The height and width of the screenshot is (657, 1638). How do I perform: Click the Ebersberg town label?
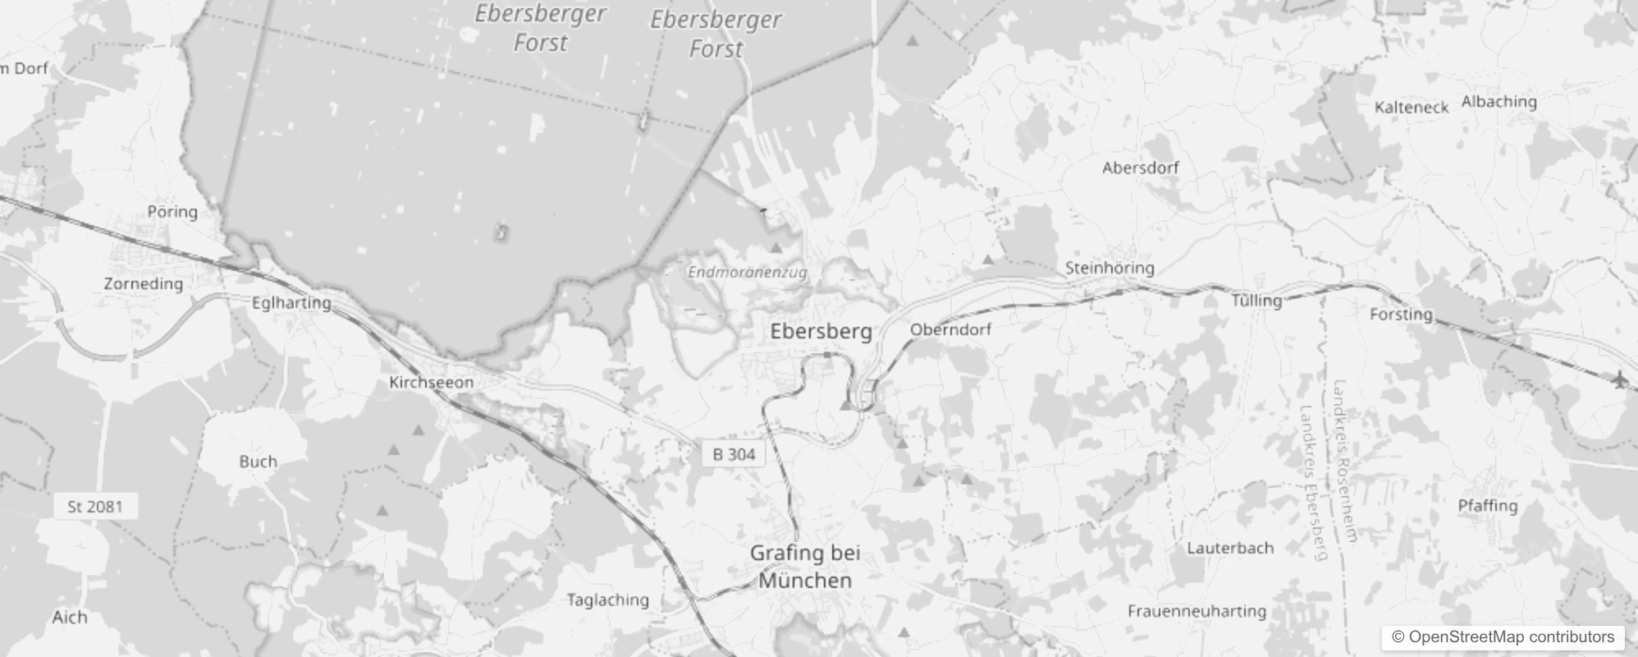(x=821, y=331)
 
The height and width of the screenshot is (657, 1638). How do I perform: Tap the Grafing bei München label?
(x=805, y=567)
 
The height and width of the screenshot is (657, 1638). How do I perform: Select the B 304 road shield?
(x=734, y=454)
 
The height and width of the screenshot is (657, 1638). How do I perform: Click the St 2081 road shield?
(x=94, y=507)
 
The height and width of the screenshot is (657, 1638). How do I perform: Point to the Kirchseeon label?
(x=431, y=383)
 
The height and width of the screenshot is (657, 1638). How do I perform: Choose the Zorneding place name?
(x=143, y=284)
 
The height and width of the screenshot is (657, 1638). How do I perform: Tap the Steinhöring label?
(x=1109, y=268)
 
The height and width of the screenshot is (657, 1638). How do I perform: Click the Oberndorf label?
(x=950, y=329)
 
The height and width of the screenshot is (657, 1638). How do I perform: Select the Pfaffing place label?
(x=1487, y=506)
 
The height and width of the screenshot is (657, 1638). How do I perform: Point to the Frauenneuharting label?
(x=1196, y=611)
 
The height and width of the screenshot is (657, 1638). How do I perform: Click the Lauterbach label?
(x=1229, y=548)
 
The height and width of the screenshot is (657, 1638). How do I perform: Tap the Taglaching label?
(x=607, y=600)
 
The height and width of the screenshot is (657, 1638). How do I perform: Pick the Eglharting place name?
(x=291, y=303)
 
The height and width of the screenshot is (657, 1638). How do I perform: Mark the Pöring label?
(x=172, y=212)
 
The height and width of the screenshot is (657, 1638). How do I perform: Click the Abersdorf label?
(x=1140, y=168)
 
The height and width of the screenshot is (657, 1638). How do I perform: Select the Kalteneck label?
(x=1411, y=107)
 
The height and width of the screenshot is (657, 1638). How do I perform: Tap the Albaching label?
(x=1498, y=102)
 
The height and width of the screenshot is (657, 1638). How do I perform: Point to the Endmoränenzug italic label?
(x=747, y=272)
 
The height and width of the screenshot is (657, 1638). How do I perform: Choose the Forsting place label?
(x=1401, y=315)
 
